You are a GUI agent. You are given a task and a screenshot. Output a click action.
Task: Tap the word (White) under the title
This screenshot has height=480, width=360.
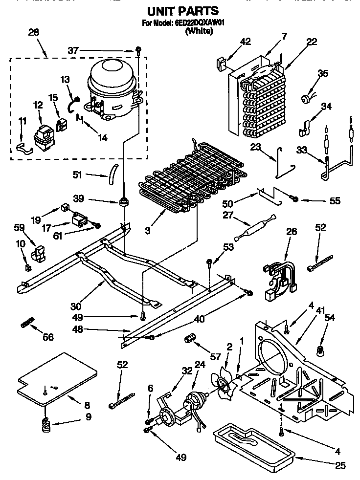tap(198, 31)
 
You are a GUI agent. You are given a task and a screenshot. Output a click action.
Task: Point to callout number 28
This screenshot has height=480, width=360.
tap(34, 33)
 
